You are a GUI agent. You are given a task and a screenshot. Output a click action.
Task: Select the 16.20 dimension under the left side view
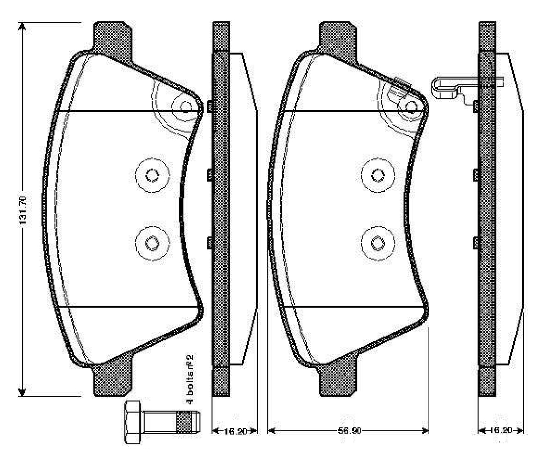click(x=235, y=430)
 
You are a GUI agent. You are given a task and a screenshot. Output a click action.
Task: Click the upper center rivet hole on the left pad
click(x=151, y=175)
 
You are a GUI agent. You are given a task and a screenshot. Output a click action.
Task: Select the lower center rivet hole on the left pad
click(x=151, y=242)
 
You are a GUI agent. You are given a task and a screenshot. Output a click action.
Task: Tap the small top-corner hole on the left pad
click(x=186, y=106)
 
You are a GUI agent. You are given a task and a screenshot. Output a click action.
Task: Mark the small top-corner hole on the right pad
click(x=411, y=106)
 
